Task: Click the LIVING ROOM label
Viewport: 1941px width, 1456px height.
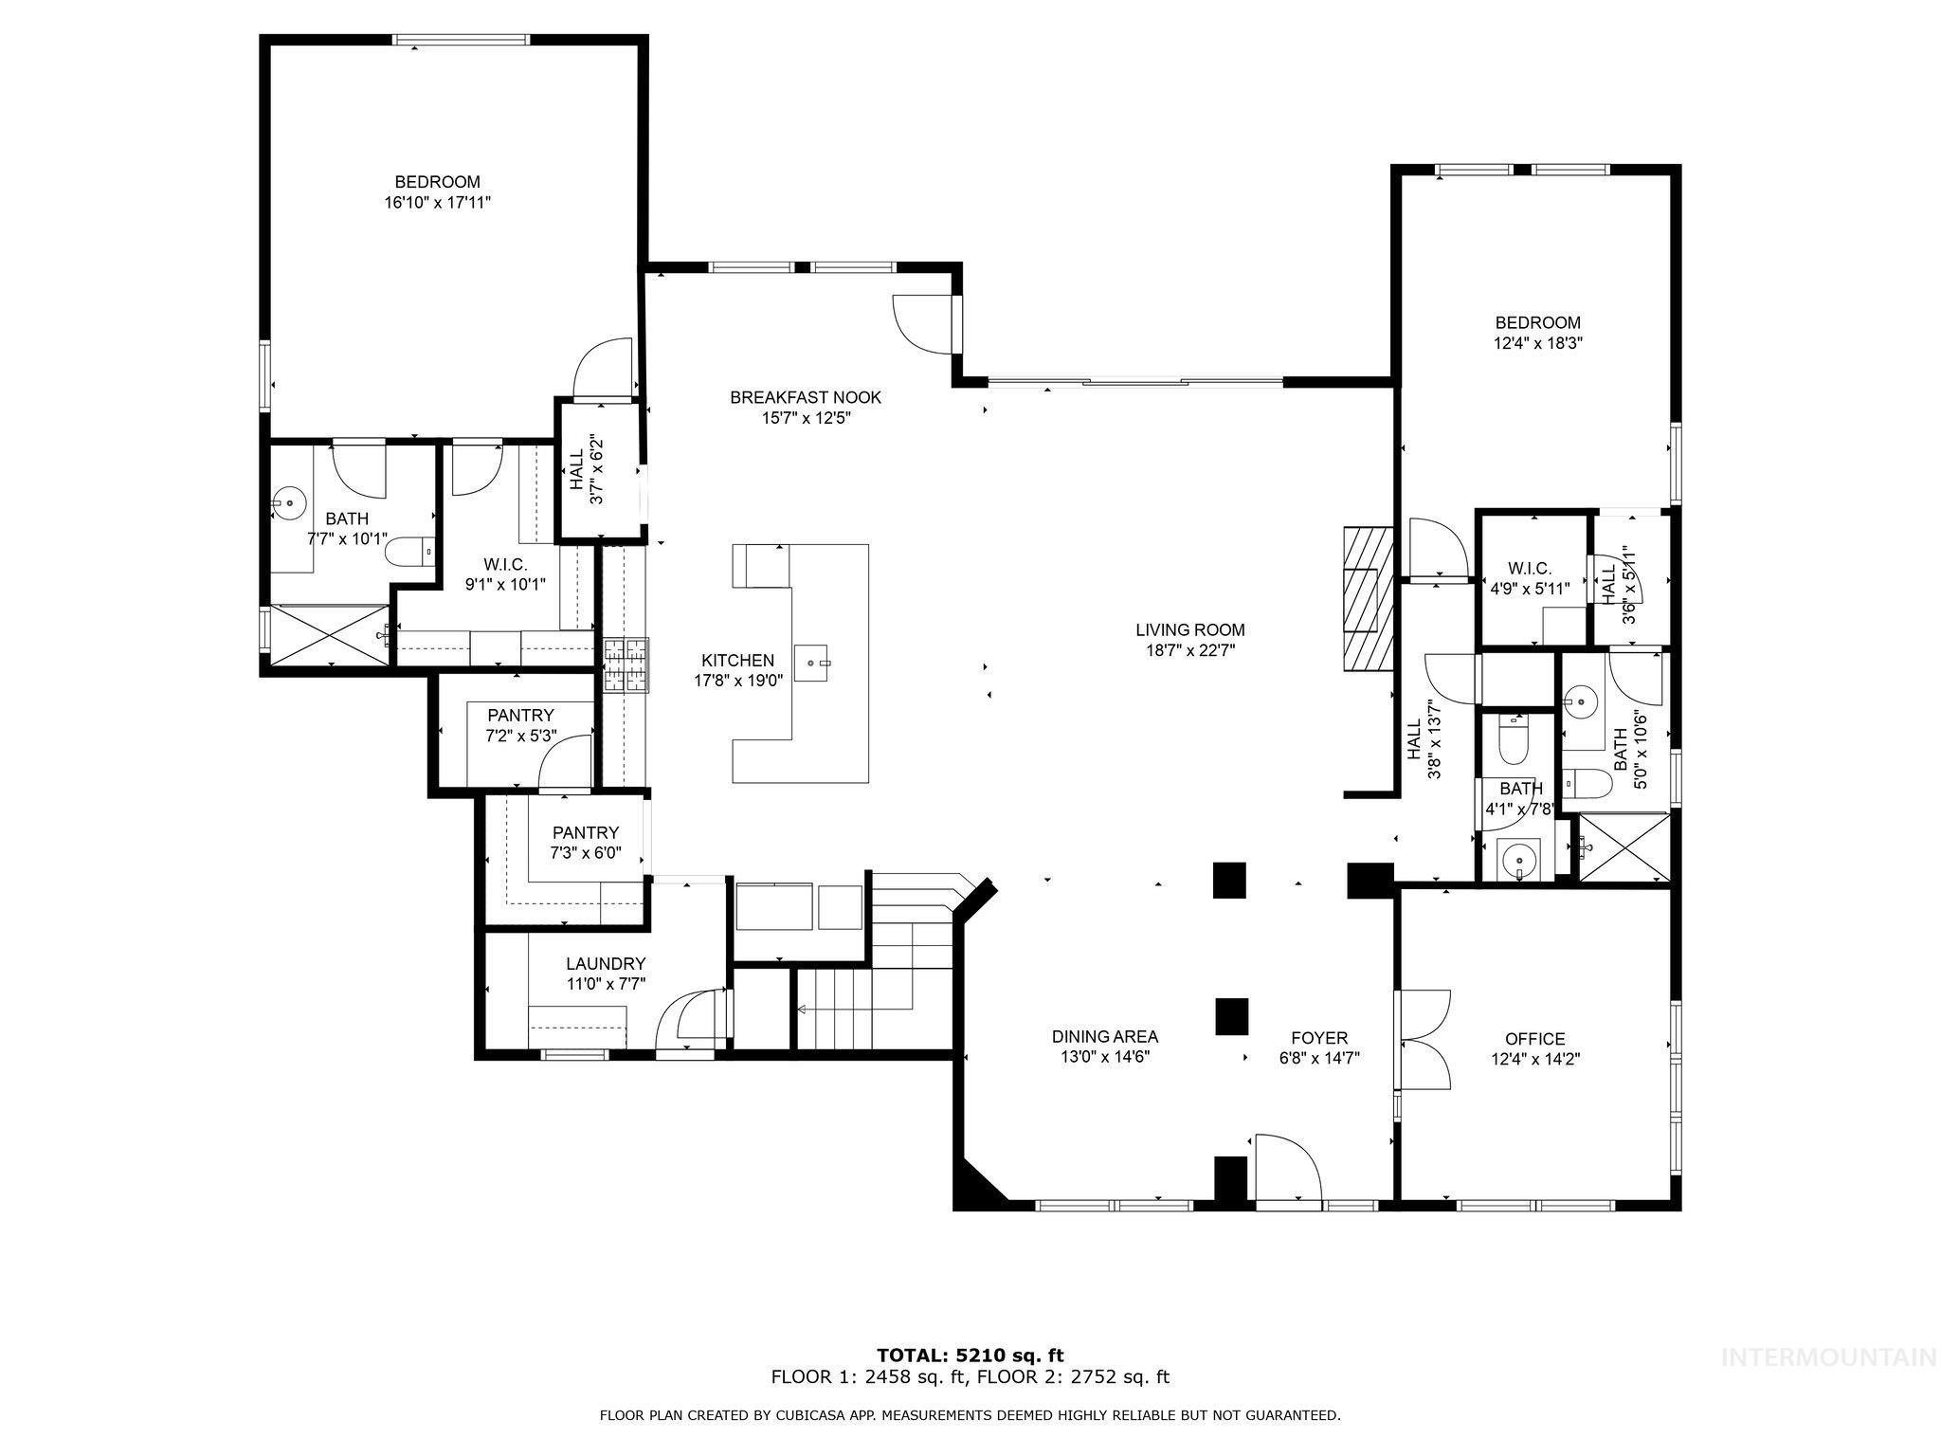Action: [1190, 629]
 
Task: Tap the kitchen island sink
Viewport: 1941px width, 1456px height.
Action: [812, 663]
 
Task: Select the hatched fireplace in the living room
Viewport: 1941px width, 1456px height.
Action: [1366, 599]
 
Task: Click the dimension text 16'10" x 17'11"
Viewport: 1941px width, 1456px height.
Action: [437, 202]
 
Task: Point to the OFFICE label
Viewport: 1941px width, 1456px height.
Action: [1534, 1039]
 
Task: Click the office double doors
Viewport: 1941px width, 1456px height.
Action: [1423, 1040]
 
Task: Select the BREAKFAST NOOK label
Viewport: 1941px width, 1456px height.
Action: [806, 397]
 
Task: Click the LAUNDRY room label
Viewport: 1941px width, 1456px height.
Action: [606, 963]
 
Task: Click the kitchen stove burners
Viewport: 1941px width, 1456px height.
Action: [626, 665]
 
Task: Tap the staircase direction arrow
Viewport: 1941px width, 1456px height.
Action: [803, 1009]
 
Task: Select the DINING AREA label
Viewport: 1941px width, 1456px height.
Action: [1104, 1037]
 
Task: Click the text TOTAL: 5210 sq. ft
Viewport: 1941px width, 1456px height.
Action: [970, 1356]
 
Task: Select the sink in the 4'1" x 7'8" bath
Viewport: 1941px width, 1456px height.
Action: [1517, 861]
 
